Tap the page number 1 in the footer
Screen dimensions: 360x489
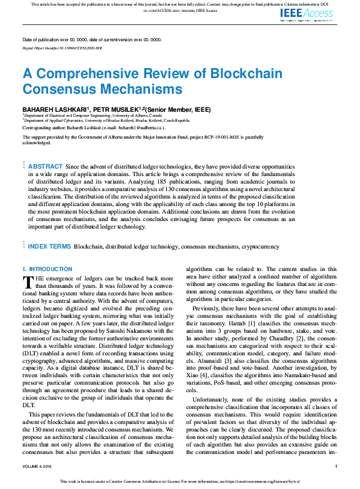[336, 466]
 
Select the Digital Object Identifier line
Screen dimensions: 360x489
[62, 47]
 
